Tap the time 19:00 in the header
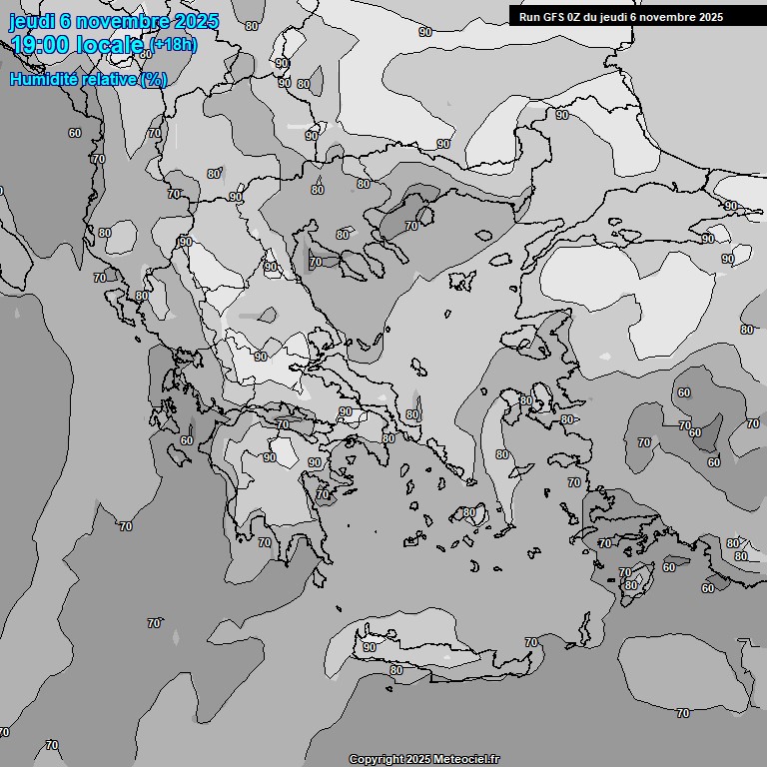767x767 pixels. pyautogui.click(x=40, y=45)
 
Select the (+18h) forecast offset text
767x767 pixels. pyautogui.click(x=174, y=45)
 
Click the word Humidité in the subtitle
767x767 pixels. pyautogui.click(x=48, y=79)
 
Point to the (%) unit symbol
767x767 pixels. pyautogui.click(x=153, y=79)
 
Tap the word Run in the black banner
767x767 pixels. pyautogui.click(x=529, y=17)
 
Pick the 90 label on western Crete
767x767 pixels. pyautogui.click(x=370, y=647)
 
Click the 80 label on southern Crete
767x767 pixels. pyautogui.click(x=396, y=670)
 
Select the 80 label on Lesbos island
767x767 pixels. pyautogui.click(x=526, y=400)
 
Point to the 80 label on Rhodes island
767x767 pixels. pyautogui.click(x=630, y=585)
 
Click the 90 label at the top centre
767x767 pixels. pyautogui.click(x=425, y=32)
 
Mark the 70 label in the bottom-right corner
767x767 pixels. pyautogui.click(x=683, y=713)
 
